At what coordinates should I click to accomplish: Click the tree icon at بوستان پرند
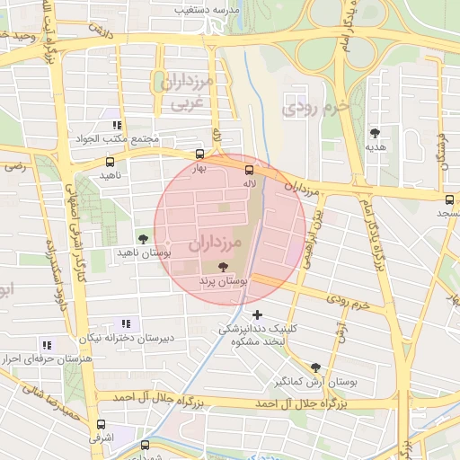223,266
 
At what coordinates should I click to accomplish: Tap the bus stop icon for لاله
249,170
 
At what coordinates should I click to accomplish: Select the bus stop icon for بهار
199,155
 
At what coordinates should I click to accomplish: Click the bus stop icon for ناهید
110,163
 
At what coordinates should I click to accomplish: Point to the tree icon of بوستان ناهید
144,238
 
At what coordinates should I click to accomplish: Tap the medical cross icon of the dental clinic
258,314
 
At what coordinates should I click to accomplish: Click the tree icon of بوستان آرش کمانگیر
314,367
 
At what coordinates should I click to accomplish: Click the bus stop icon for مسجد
448,199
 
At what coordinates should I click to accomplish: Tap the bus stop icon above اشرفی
100,425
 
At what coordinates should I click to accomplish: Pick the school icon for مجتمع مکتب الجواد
117,126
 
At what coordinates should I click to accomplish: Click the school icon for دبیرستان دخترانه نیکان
125,323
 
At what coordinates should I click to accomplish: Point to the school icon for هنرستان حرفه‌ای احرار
47,344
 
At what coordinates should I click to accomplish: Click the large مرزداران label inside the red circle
217,243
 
